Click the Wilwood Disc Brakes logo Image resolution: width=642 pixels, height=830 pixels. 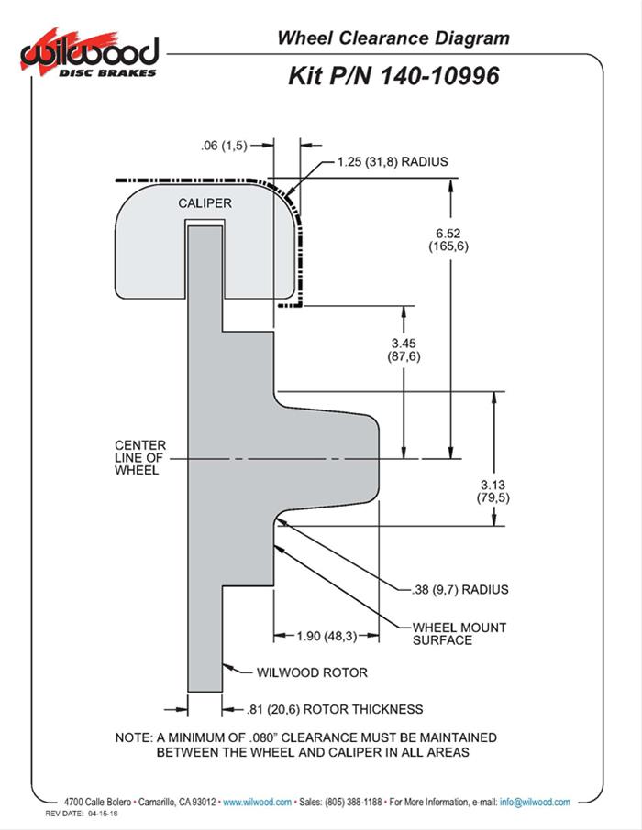90,54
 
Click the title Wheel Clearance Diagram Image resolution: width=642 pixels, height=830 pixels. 393,38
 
